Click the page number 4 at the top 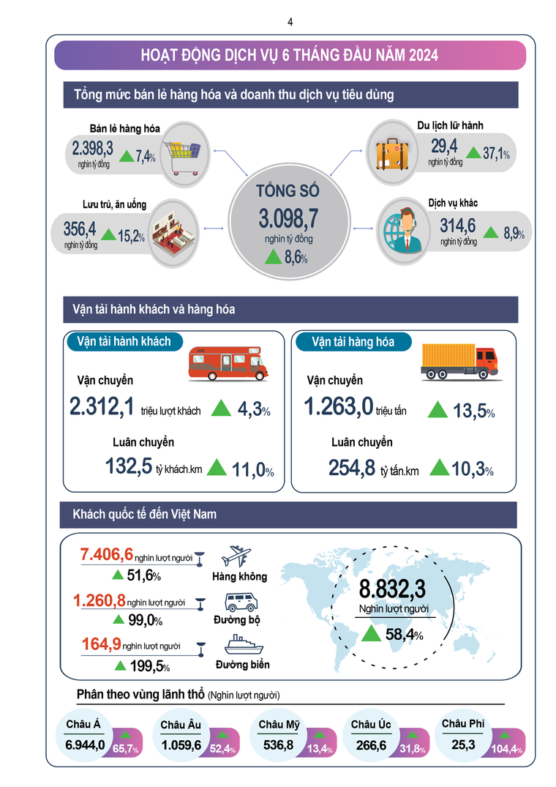(x=290, y=22)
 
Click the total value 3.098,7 (x=288, y=217)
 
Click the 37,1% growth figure (x=496, y=154)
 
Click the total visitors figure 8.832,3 (x=392, y=589)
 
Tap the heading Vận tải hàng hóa (x=353, y=342)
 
